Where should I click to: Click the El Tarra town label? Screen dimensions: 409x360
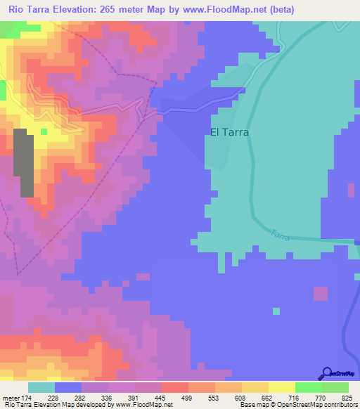229,131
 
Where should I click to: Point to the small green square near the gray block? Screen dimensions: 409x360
44,131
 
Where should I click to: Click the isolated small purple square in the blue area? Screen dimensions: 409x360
320,292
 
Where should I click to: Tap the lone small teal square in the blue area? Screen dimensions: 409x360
276,311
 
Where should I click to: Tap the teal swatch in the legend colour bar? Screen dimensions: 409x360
41,387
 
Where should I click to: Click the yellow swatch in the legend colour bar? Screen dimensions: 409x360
281,387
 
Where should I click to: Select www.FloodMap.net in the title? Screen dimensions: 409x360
220,9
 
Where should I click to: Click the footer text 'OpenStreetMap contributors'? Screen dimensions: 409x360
320,405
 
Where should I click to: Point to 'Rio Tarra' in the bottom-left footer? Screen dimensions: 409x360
17,405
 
